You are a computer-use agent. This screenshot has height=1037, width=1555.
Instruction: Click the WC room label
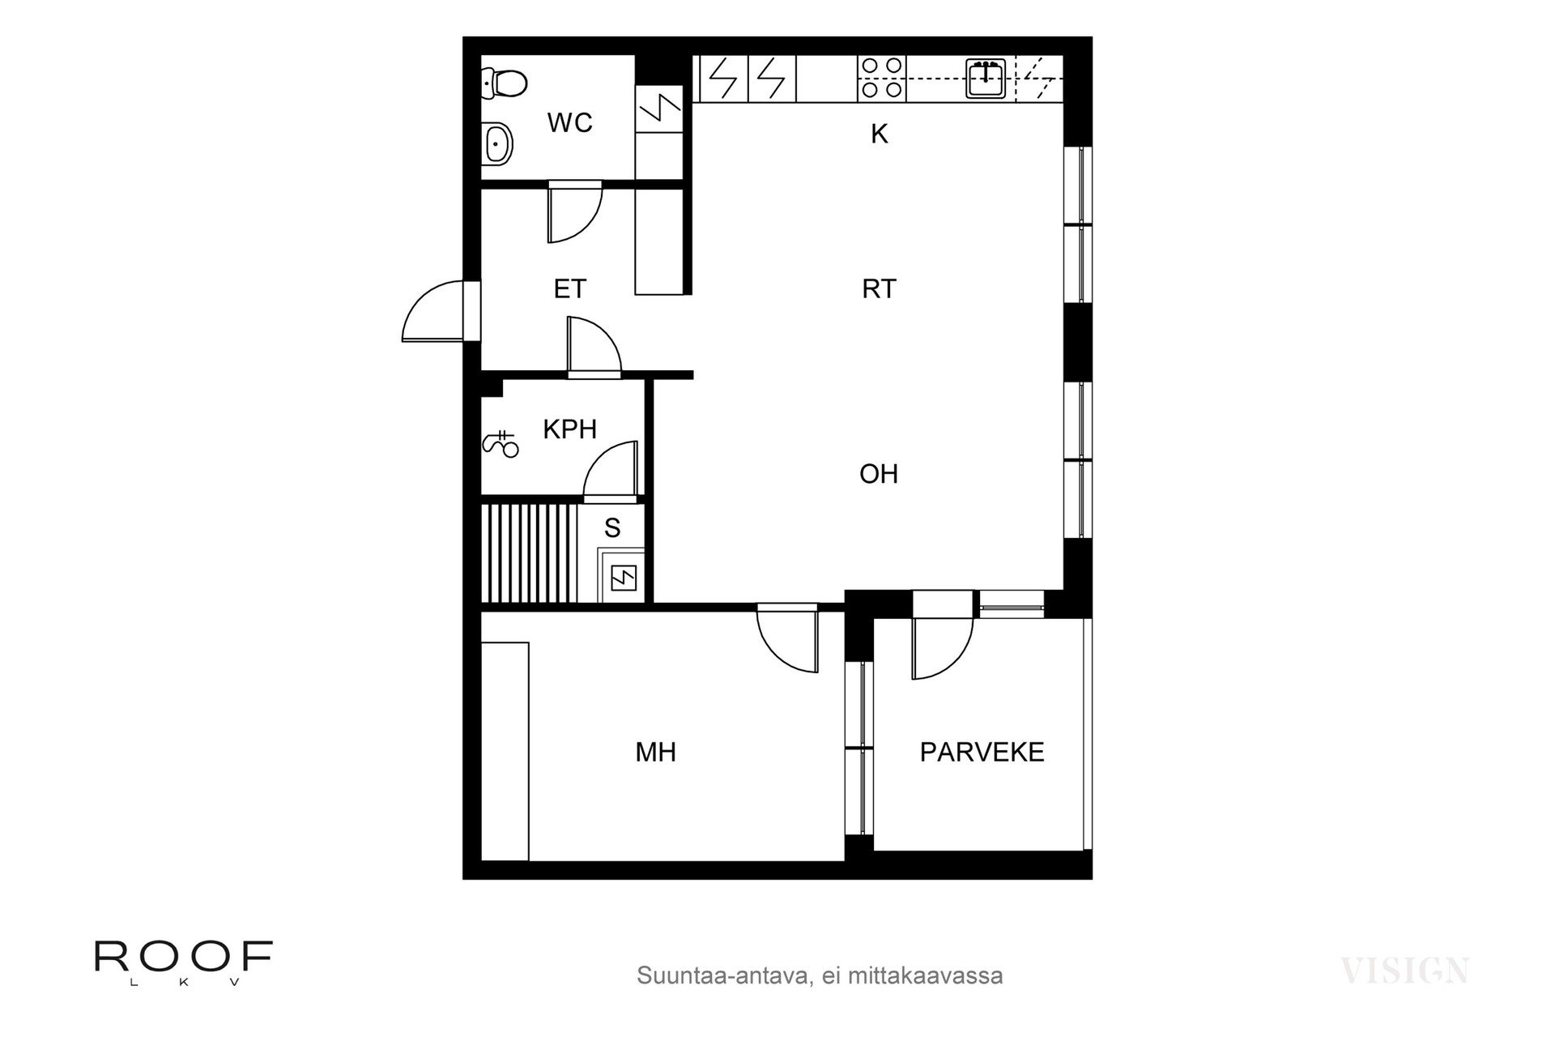569,123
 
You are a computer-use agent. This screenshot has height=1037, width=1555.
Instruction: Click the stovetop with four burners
881,78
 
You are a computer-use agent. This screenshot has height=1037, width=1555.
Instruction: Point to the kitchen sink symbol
985,78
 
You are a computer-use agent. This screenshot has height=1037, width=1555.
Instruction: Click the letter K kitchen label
879,134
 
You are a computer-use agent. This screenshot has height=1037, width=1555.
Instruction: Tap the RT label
879,289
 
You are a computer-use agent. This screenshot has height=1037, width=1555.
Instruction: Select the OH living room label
879,474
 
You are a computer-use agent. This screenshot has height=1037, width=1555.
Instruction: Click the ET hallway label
569,289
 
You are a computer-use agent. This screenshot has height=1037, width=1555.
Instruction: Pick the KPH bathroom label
569,429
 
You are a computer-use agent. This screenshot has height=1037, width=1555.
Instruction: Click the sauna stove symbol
622,577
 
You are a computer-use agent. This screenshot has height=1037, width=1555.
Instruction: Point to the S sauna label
612,528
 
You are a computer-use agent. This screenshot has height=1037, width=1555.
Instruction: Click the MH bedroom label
655,753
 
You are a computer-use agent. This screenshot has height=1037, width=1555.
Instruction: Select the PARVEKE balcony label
982,753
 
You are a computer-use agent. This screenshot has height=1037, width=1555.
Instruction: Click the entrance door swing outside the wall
433,312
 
